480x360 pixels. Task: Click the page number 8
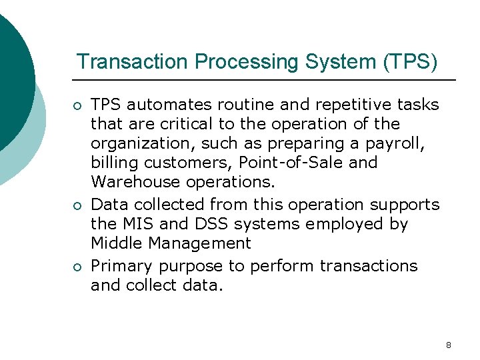coord(448,345)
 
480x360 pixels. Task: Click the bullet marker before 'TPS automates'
coord(78,105)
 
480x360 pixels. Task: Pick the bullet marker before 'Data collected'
coord(78,205)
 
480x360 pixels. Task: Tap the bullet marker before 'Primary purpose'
coord(78,267)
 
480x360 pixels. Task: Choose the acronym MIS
coord(139,224)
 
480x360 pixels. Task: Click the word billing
coord(110,163)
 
